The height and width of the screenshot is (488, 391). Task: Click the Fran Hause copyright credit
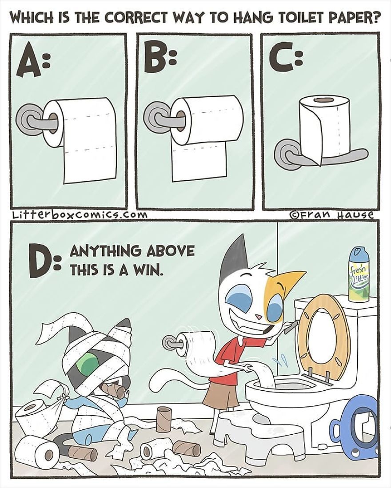(x=331, y=215)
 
